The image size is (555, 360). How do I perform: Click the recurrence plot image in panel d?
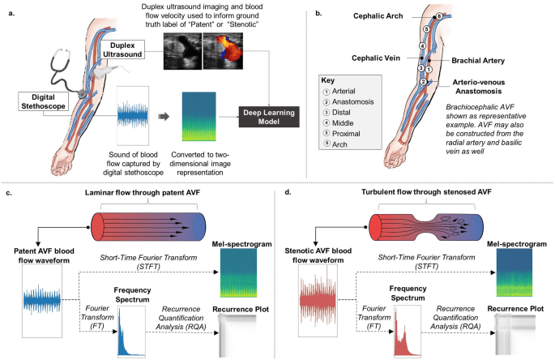(519, 332)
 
